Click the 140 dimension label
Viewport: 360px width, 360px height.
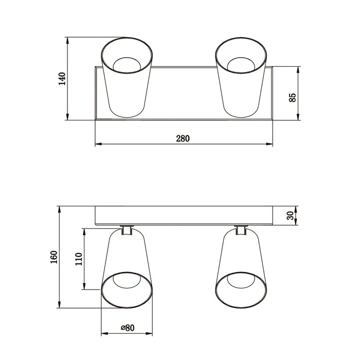point(62,79)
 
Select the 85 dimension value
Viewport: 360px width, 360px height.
point(292,98)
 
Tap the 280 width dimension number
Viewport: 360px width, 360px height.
point(183,138)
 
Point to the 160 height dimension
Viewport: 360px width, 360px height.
point(54,256)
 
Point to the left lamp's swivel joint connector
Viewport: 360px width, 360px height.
point(127,230)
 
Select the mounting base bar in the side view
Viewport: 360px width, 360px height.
point(184,215)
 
